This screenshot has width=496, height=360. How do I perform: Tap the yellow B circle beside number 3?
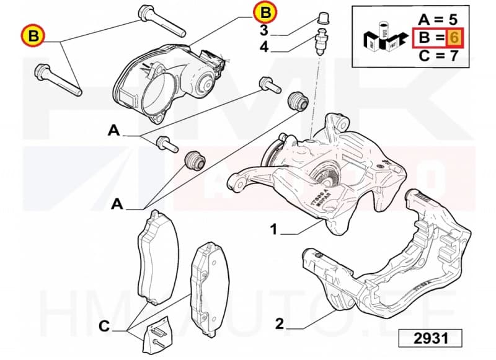(265, 12)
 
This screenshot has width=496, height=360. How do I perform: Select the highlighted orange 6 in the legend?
(454, 38)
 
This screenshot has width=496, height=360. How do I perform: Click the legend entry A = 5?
(438, 19)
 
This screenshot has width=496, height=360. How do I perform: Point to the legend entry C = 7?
(438, 57)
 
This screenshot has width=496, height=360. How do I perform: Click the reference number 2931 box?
(430, 338)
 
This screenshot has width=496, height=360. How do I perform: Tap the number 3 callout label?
(263, 30)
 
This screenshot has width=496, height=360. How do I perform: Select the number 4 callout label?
(263, 47)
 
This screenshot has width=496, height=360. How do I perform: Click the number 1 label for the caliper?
(273, 230)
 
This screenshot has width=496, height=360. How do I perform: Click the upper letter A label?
(113, 131)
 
